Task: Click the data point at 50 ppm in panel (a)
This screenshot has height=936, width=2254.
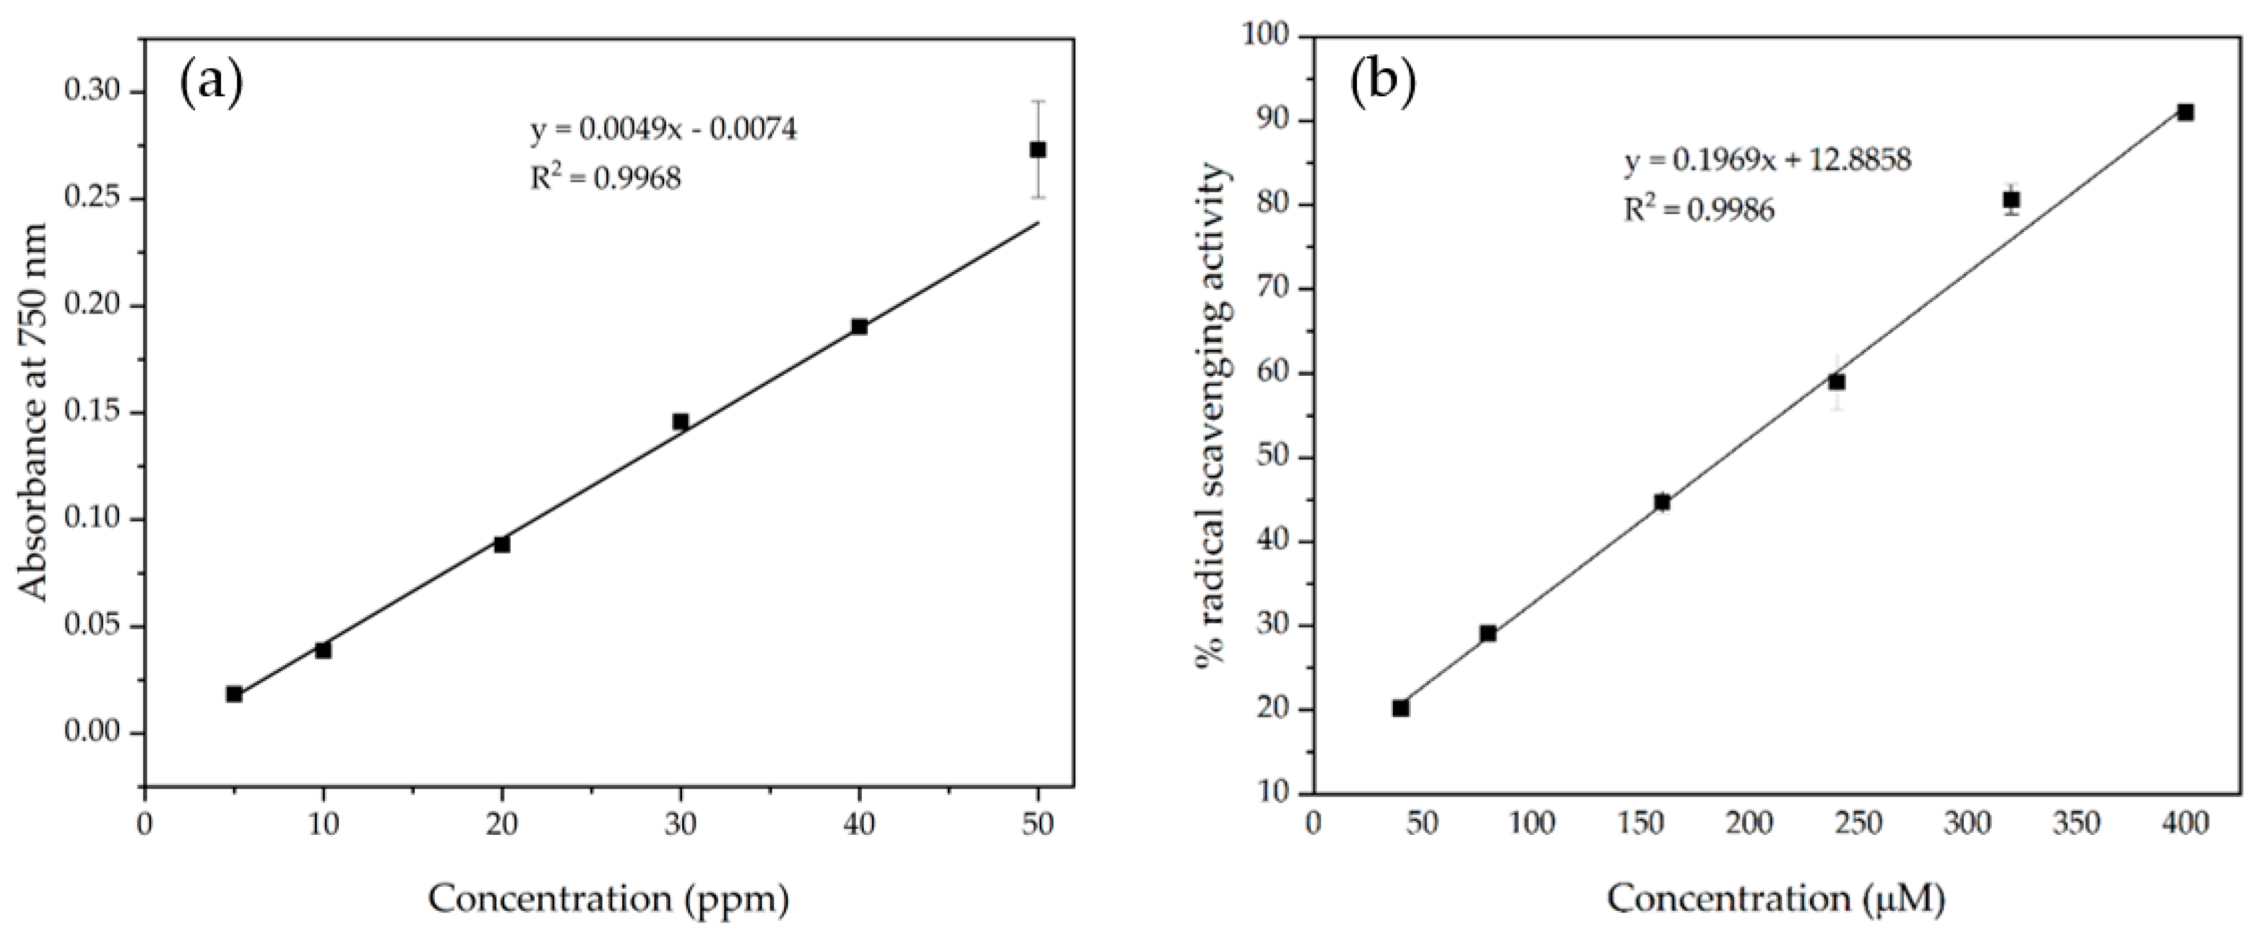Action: [x=1038, y=149]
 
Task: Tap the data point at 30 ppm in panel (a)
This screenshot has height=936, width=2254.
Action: [x=681, y=421]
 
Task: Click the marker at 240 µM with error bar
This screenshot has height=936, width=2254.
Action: [x=1837, y=383]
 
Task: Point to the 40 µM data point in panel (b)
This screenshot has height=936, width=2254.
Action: [x=1401, y=708]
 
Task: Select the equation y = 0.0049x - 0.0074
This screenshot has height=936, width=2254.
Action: [x=663, y=130]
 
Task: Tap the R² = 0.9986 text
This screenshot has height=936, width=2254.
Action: [x=1699, y=211]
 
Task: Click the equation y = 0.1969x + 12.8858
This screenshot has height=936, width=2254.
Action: [x=1768, y=161]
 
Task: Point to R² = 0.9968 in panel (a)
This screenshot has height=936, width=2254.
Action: [x=606, y=180]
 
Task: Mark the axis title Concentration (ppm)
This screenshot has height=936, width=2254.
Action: [x=608, y=898]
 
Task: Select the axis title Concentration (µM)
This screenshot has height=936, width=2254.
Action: [x=1776, y=898]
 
